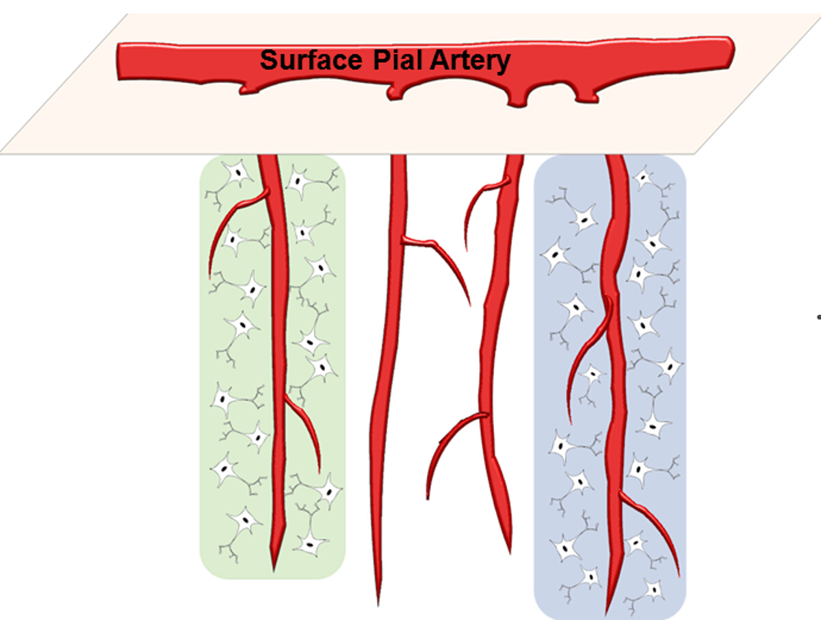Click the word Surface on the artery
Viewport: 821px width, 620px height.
click(x=310, y=60)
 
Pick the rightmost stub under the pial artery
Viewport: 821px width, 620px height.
click(x=586, y=98)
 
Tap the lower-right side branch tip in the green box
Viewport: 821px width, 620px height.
click(x=320, y=471)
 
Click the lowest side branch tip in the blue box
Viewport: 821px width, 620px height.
click(x=678, y=574)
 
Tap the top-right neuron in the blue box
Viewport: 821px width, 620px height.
click(x=642, y=179)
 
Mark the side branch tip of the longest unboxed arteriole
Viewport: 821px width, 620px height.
click(x=469, y=303)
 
